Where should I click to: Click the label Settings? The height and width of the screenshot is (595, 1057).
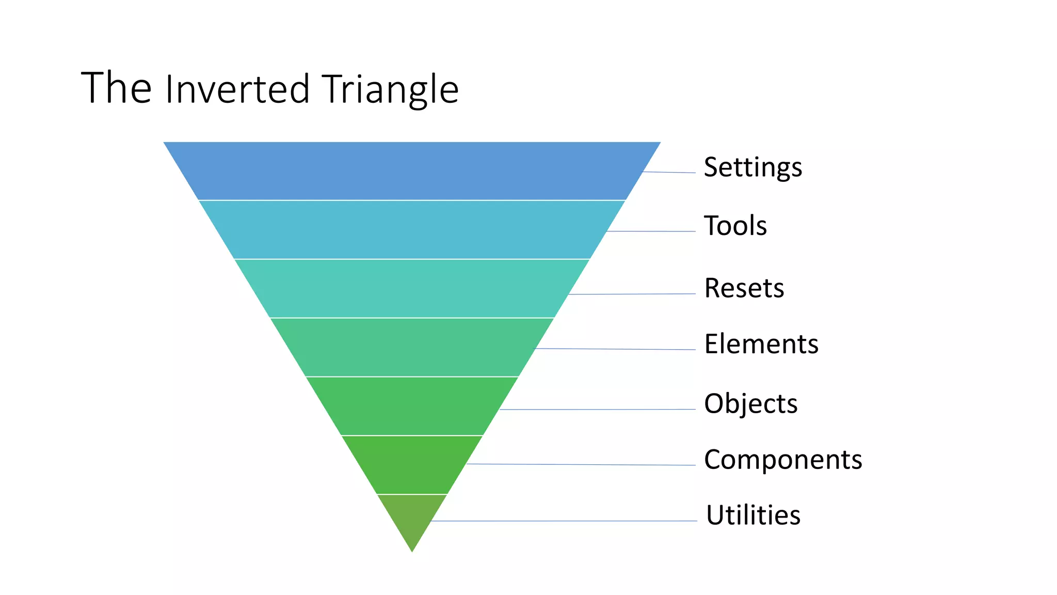tap(752, 167)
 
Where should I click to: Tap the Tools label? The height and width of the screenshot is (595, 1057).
tap(735, 226)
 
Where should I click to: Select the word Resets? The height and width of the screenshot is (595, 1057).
tap(744, 288)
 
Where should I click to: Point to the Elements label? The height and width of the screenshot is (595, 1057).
tap(761, 344)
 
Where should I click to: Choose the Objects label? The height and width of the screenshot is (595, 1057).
tap(750, 404)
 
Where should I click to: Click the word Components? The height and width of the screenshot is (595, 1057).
tap(783, 459)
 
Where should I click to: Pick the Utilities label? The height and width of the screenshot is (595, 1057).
tap(753, 515)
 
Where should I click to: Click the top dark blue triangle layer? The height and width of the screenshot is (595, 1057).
tap(412, 171)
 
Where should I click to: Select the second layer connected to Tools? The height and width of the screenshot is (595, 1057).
tap(412, 229)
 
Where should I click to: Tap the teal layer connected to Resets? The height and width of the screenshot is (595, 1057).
tap(412, 288)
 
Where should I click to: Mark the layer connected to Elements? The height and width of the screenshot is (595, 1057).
tap(412, 347)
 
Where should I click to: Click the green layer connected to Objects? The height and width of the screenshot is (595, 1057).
tap(412, 406)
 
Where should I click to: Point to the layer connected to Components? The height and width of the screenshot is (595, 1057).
tap(412, 465)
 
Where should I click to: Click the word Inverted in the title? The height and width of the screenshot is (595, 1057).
tap(237, 89)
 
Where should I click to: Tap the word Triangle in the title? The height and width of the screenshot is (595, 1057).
tap(390, 89)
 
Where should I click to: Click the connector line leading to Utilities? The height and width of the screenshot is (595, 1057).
tap(568, 521)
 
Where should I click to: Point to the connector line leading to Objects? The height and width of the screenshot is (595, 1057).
tap(599, 410)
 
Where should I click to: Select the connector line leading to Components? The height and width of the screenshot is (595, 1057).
tap(583, 465)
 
